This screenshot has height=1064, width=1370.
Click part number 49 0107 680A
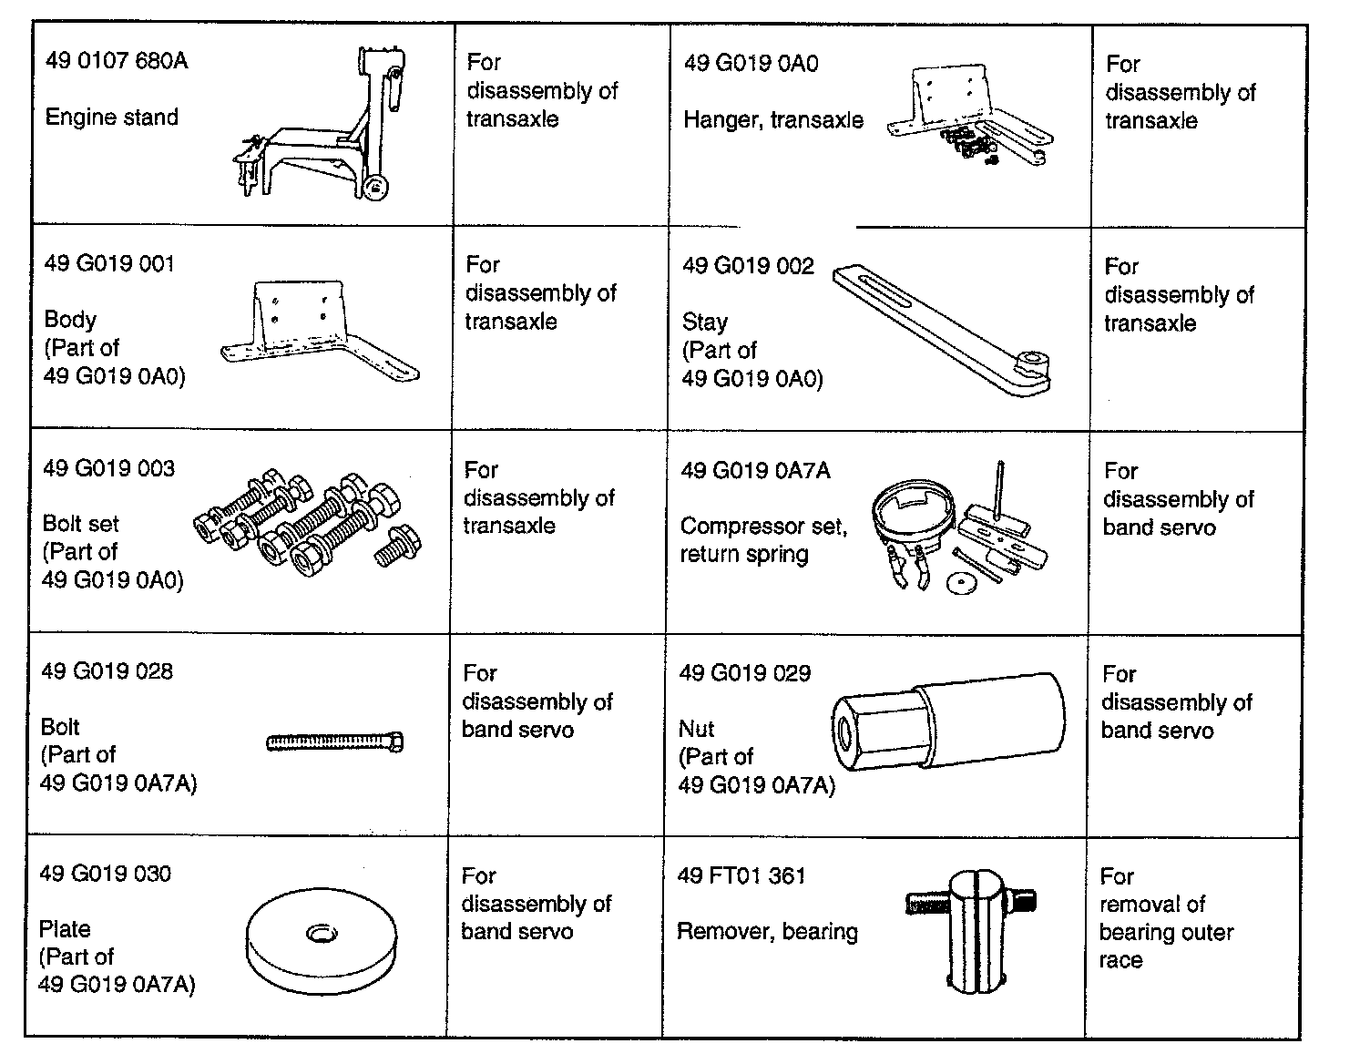click(x=117, y=62)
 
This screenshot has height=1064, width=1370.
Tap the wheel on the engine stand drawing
click(x=373, y=187)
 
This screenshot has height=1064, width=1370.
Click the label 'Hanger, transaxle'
click(x=772, y=120)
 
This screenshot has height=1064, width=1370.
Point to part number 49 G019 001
click(x=109, y=264)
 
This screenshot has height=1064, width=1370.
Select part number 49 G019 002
click(x=748, y=266)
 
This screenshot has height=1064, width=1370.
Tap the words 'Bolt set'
click(x=81, y=524)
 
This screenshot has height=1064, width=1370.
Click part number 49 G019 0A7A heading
click(x=755, y=470)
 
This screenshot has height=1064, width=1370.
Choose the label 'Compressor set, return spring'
click(x=762, y=540)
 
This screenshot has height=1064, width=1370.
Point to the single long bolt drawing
click(x=334, y=742)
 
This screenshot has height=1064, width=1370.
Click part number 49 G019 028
click(x=107, y=671)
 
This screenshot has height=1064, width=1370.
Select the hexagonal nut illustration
click(x=947, y=722)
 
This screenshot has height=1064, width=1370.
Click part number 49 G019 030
click(x=105, y=874)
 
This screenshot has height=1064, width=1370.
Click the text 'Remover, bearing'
click(x=767, y=932)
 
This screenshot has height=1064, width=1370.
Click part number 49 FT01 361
click(x=741, y=875)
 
